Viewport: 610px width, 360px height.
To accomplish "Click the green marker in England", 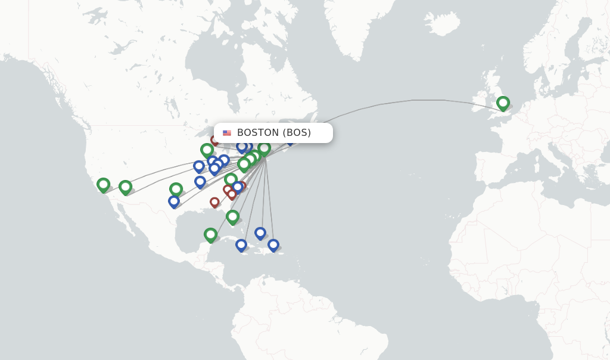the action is click(x=503, y=103).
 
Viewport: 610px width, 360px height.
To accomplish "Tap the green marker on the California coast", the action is click(x=103, y=185).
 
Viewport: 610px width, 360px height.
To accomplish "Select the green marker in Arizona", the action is click(x=125, y=187).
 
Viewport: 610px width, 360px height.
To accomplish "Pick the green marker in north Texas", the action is click(x=176, y=190).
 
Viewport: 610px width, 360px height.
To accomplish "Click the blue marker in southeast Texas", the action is click(x=174, y=201).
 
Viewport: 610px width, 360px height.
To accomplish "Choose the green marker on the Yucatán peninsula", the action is click(x=210, y=235).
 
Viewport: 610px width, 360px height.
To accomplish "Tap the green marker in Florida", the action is click(x=232, y=217).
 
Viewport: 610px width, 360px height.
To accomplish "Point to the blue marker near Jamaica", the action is click(x=241, y=244).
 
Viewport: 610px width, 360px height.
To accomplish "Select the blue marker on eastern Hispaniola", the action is click(x=273, y=244).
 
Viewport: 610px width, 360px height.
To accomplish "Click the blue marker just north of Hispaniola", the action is click(x=260, y=233).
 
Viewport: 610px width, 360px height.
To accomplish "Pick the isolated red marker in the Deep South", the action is click(x=214, y=202).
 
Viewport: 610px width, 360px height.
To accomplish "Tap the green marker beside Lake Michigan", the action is click(x=207, y=150).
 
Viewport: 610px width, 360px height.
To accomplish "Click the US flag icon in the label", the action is click(x=227, y=133).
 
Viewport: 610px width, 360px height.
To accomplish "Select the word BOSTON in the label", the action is click(x=258, y=133).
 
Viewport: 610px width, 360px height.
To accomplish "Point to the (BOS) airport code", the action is click(x=297, y=133).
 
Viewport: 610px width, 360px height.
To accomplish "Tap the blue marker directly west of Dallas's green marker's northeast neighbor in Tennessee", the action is click(x=200, y=181).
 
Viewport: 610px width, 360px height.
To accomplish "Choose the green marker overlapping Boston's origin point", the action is click(x=264, y=148).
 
